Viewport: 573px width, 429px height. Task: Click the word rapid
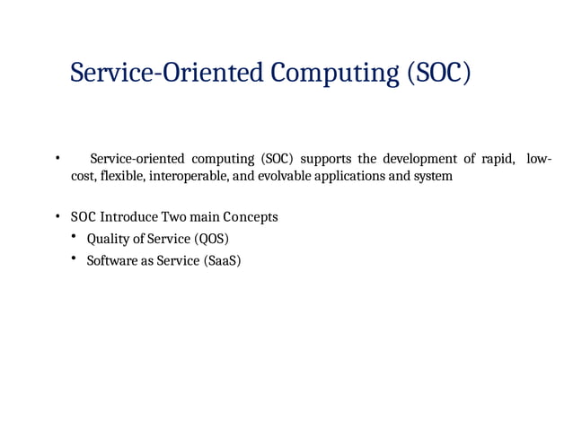click(497, 159)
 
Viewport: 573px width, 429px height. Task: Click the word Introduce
click(128, 217)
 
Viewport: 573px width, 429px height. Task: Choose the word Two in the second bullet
click(173, 217)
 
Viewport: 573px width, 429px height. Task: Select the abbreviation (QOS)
click(211, 239)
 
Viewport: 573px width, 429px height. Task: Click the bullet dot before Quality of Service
click(75, 237)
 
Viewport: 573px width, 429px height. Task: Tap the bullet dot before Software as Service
click(75, 259)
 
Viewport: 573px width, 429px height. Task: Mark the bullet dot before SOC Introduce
click(57, 217)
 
